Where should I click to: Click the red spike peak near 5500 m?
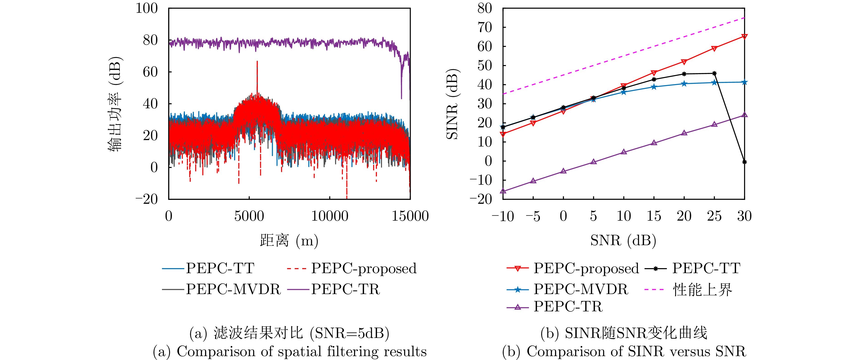pos(257,62)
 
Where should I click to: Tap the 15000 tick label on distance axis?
pos(410,216)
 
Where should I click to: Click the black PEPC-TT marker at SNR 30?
pos(744,162)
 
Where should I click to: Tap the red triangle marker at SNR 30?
pos(744,36)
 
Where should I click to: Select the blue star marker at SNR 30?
pos(744,82)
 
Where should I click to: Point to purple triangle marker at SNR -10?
pos(503,191)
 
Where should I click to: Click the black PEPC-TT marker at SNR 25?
pos(714,73)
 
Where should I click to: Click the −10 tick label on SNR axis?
pos(503,216)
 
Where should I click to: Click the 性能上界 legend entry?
pos(702,289)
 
